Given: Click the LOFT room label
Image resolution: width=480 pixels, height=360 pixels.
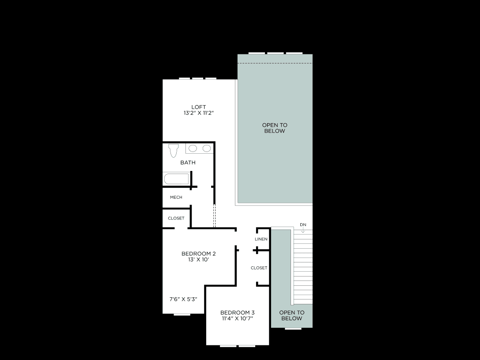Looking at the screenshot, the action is coord(199,107).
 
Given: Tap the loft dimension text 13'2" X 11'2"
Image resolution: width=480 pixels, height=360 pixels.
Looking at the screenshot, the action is coord(199,113).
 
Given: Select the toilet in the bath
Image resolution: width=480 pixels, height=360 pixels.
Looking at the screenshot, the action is coord(173,150).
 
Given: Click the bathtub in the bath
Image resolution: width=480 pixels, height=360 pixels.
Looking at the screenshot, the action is coord(176,179).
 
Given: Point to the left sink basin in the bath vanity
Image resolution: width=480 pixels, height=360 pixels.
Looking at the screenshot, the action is coord(193,148).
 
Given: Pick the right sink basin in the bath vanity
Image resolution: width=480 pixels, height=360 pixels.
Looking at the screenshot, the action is coord(207,148).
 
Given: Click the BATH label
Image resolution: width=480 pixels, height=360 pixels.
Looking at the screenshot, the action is coord(188,163).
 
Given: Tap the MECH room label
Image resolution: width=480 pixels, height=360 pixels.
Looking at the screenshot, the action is coord(176,197).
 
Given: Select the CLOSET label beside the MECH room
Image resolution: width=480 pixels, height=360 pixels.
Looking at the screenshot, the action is coord(176,218).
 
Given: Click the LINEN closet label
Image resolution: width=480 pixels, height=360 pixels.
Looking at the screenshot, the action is coord(261,239).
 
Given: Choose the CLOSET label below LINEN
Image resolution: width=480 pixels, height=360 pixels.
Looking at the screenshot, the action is coord(259,268).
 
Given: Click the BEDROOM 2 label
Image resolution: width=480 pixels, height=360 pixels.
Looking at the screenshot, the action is coord(199,254).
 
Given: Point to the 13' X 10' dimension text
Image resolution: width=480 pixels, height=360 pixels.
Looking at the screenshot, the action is coord(199,260).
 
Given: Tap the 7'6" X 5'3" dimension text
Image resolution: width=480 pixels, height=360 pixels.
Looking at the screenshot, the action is coord(183,299).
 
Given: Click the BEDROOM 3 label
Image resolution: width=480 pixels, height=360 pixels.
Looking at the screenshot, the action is coord(238,313).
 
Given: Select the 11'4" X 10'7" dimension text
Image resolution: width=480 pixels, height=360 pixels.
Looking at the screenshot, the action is coord(238,318).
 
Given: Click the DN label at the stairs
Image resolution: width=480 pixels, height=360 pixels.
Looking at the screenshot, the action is coord(303,225).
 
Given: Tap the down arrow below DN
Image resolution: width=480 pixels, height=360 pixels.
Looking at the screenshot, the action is coord(303,230).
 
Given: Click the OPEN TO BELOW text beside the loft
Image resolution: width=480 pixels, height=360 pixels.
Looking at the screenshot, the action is coord(275,128).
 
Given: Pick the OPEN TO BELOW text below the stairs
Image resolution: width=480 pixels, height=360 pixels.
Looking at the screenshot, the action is coord(292,315).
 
